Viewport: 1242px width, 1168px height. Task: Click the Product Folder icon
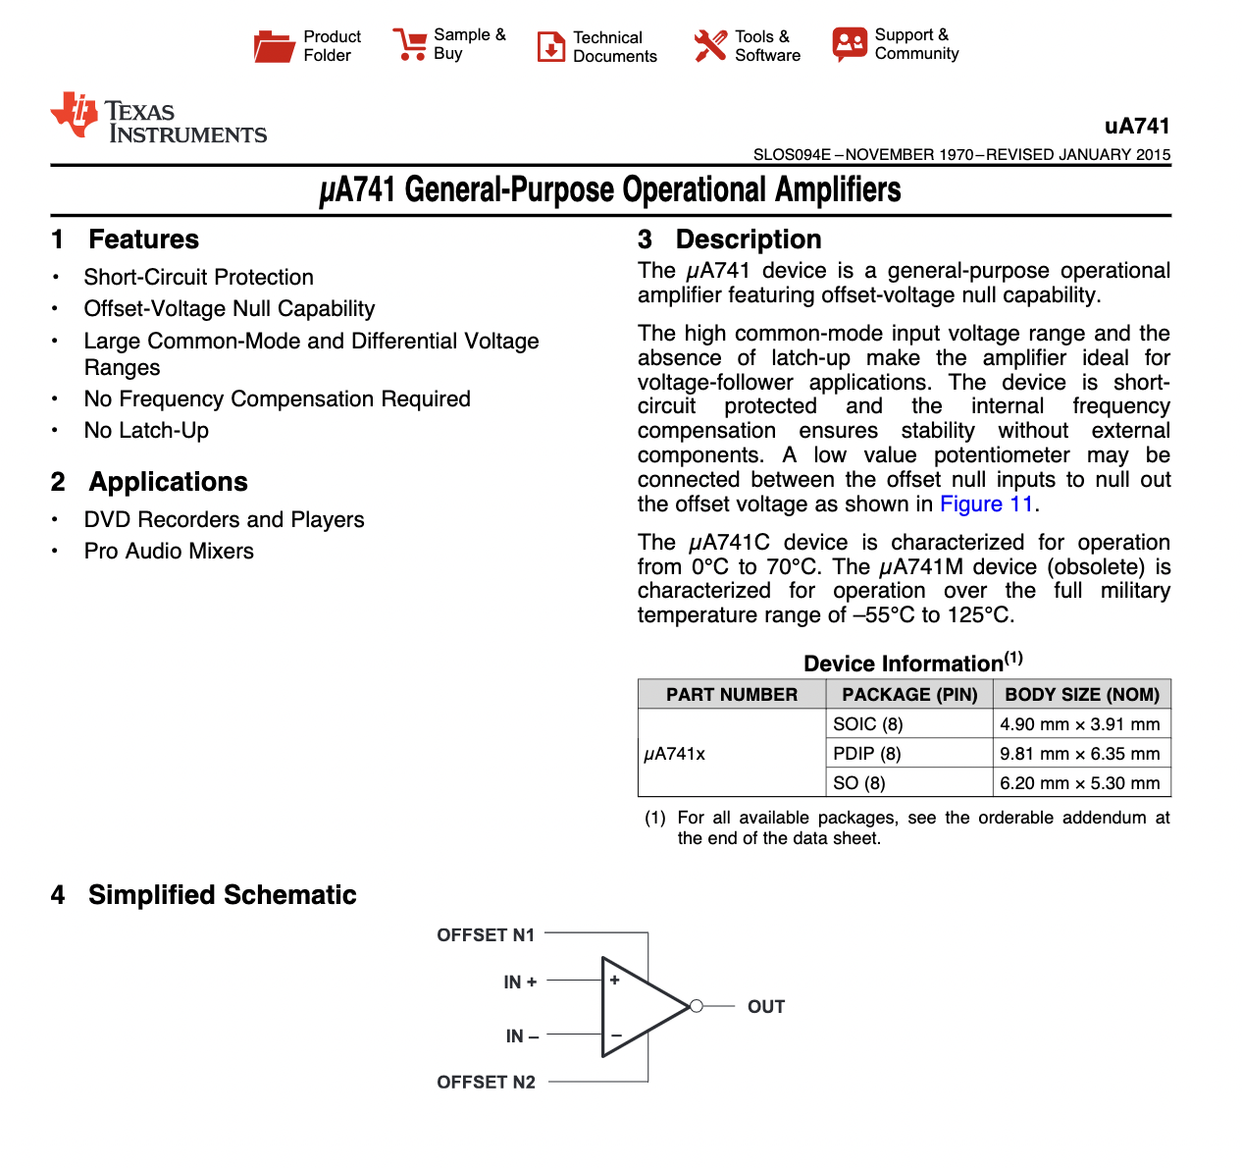[x=274, y=46]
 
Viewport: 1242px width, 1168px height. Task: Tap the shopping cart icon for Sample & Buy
[x=409, y=44]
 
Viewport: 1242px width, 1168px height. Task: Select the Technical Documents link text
[x=614, y=46]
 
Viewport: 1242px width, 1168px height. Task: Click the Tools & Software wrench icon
[x=709, y=45]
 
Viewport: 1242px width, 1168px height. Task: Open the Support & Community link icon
[x=850, y=44]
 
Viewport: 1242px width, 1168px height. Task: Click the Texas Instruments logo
[x=159, y=119]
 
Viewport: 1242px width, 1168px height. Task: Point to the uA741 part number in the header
[x=1137, y=126]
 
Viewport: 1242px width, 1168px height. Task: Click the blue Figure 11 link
[x=986, y=504]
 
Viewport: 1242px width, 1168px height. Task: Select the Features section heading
[x=143, y=239]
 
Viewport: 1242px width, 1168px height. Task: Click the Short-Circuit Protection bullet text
[x=198, y=277]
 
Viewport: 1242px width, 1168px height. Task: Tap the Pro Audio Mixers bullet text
[x=169, y=551]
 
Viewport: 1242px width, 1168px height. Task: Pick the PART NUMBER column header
[x=732, y=694]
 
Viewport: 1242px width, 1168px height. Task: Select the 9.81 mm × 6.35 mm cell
[x=1079, y=754]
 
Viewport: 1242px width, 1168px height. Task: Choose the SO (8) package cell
[x=858, y=783]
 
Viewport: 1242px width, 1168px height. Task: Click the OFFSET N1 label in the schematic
[x=486, y=934]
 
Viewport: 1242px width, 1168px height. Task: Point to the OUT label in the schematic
[x=765, y=1006]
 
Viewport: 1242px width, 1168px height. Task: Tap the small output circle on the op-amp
[x=696, y=1006]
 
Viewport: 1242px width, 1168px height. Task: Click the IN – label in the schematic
[x=522, y=1035]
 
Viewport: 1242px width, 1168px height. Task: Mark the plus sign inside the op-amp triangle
[x=615, y=980]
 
